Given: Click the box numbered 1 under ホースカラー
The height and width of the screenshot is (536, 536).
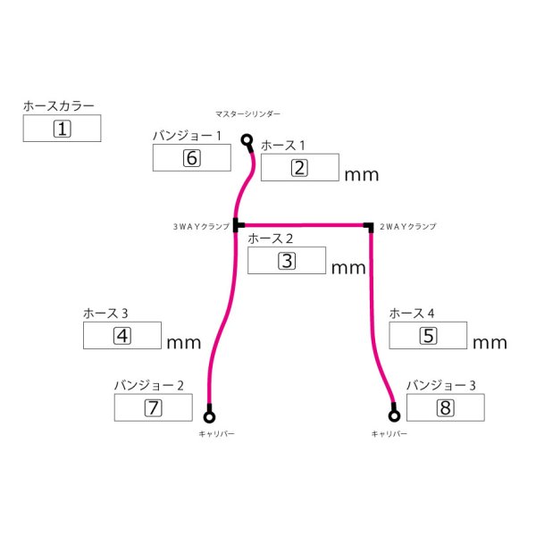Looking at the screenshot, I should click(x=62, y=129).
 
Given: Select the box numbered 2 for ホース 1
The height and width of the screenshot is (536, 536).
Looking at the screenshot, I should click(x=299, y=168).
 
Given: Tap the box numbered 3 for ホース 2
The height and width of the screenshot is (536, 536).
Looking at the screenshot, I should click(x=287, y=261).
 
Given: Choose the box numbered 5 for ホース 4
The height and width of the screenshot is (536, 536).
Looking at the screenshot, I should click(x=429, y=336).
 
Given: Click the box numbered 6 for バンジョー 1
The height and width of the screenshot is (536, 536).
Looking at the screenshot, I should click(x=191, y=158).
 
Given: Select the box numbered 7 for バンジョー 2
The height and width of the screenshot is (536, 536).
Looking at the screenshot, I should click(x=153, y=408).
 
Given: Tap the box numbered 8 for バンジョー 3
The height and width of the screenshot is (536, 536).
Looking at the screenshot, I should click(x=445, y=408).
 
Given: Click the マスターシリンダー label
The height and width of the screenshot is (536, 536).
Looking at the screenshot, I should click(x=248, y=113).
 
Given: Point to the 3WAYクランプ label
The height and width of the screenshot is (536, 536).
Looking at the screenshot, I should click(x=202, y=227).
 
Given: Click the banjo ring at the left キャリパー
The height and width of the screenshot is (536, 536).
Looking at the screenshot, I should click(x=210, y=415).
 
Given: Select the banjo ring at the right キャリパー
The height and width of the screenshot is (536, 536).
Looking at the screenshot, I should click(x=394, y=415).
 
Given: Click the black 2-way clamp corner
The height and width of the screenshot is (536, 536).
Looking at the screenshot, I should click(x=368, y=225).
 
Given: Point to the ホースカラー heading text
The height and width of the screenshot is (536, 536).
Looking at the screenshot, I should click(x=59, y=106).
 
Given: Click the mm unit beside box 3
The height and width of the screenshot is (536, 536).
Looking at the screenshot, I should click(x=348, y=267).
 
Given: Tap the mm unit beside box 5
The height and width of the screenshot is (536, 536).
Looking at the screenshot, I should click(x=490, y=342).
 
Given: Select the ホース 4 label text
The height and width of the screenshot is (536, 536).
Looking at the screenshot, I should click(x=413, y=314).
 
